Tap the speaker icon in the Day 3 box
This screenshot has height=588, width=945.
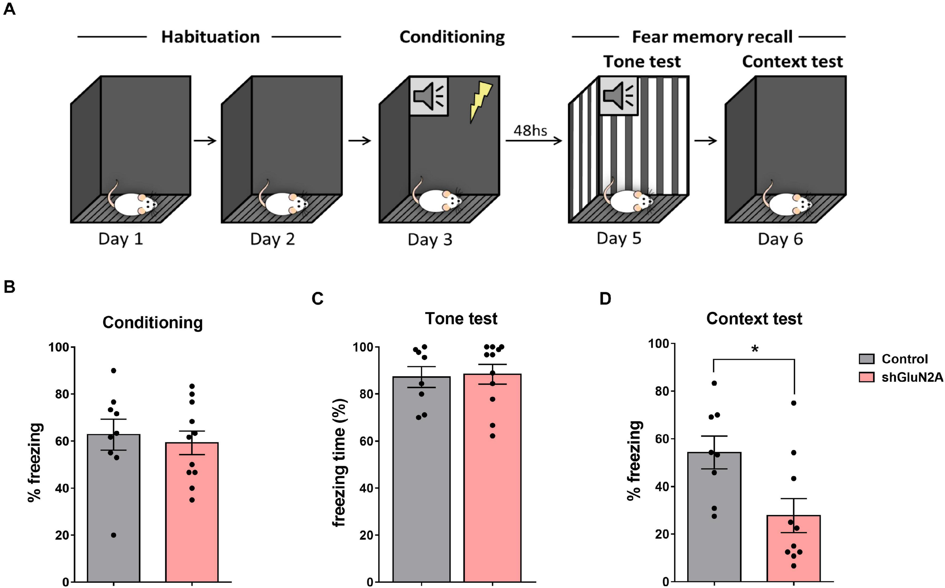coord(428,96)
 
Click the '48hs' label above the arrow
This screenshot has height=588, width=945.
coord(530,131)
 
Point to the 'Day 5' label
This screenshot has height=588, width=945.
coord(619,238)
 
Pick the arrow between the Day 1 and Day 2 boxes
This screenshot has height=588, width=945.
coord(205,140)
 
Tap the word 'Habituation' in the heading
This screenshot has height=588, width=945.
coord(210,37)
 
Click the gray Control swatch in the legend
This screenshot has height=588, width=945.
coord(866,359)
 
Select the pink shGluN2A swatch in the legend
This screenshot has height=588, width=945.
coord(866,377)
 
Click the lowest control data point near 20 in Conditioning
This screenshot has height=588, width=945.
coord(113,535)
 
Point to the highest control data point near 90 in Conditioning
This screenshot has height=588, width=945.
coord(113,370)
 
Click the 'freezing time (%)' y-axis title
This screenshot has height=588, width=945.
coord(339,463)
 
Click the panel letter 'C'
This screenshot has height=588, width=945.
coord(317,299)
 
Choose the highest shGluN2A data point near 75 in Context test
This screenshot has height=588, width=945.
coord(793,403)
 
